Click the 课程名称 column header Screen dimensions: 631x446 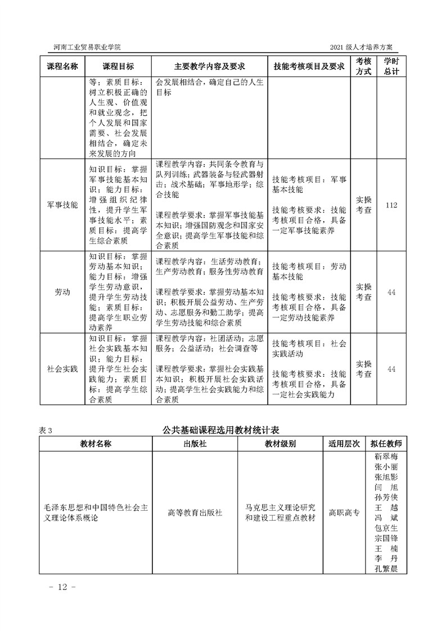tap(62, 66)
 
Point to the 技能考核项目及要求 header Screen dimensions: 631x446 tap(308, 66)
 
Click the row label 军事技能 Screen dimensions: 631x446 tap(62, 205)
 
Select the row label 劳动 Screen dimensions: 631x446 tap(62, 292)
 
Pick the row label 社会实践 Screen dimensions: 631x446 tap(62, 368)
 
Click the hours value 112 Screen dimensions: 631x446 tap(391, 205)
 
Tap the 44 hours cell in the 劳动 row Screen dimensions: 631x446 tap(391, 292)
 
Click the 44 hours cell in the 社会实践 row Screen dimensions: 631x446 tap(391, 368)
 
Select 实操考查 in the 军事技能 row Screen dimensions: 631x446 tap(364, 205)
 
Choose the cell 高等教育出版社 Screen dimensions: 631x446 tap(195, 513)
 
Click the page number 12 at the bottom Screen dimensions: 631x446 tap(58, 587)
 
